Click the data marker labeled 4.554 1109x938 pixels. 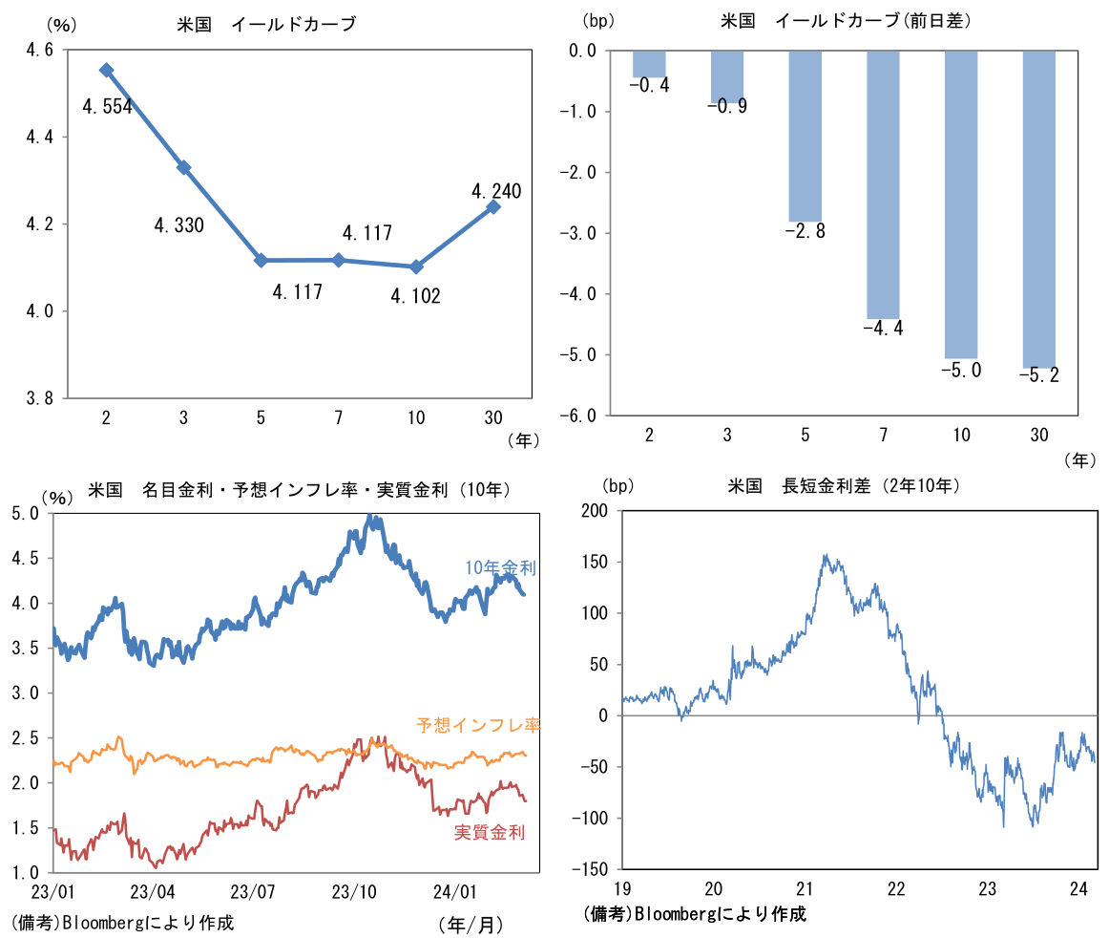[x=106, y=70]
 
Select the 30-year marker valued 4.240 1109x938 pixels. [x=493, y=206]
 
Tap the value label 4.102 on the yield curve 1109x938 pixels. [x=415, y=296]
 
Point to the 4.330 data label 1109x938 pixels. [x=178, y=225]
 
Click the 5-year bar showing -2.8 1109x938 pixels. [x=805, y=136]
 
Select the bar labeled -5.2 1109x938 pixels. [x=1038, y=208]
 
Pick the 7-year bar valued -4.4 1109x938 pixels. [x=883, y=184]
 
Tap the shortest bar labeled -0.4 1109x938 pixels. [x=649, y=64]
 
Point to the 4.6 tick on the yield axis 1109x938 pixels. [x=39, y=51]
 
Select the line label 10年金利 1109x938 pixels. [x=500, y=567]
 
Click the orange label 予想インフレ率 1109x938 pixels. [x=478, y=725]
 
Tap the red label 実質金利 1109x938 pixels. [x=489, y=833]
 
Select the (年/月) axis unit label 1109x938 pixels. [x=471, y=924]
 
